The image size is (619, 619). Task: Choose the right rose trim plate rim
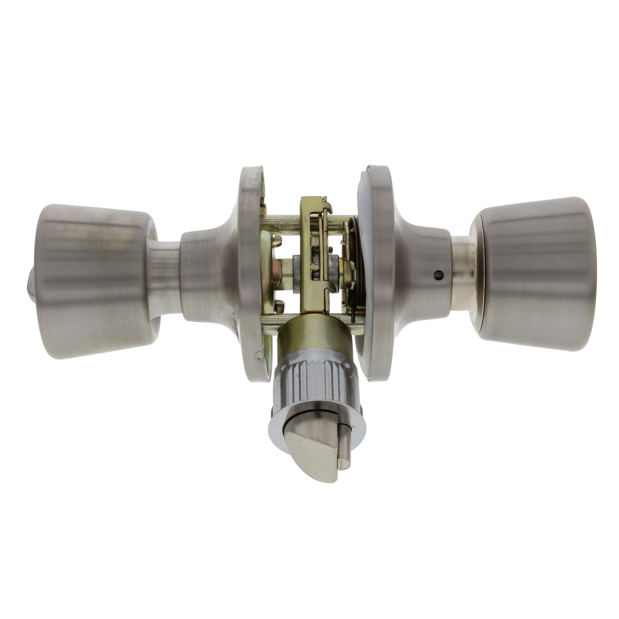[381, 272]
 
